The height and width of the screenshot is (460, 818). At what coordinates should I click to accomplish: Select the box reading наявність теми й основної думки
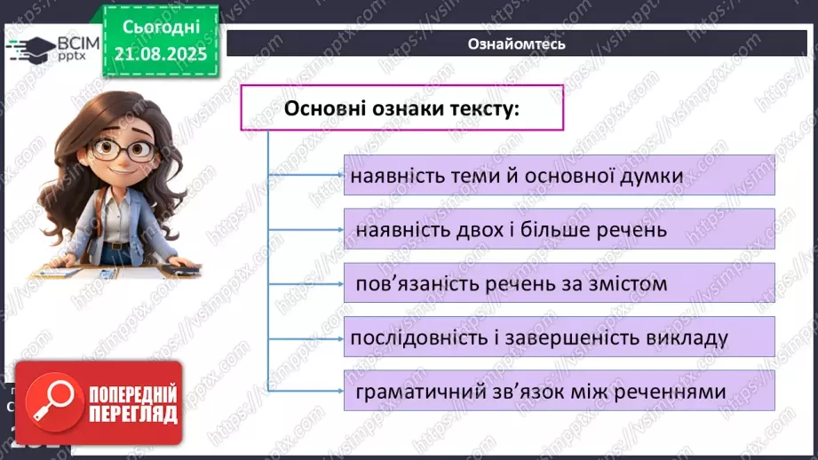[559, 176]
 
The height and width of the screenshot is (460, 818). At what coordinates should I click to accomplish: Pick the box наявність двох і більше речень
[559, 230]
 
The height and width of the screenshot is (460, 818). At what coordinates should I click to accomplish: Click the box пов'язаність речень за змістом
[559, 284]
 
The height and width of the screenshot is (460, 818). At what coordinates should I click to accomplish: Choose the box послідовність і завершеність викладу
[559, 338]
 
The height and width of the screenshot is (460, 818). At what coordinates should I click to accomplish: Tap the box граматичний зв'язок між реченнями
[559, 391]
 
